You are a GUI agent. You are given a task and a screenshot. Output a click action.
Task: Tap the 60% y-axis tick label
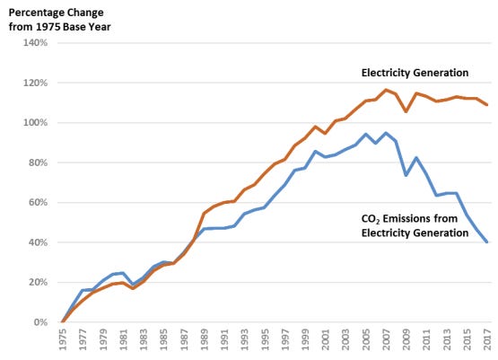point(34,202)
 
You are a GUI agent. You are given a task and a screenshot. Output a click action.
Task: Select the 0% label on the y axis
point(37,321)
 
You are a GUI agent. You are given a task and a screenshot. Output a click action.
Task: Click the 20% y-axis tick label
point(34,282)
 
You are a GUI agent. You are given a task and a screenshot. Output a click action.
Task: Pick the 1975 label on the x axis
point(62,342)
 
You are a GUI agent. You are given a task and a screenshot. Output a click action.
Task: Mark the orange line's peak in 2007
point(386,90)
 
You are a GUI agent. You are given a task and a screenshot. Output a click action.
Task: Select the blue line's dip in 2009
point(406,175)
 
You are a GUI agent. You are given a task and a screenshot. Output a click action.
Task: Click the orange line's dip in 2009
point(406,111)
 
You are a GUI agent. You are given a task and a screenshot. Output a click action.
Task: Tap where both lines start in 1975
point(62,321)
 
